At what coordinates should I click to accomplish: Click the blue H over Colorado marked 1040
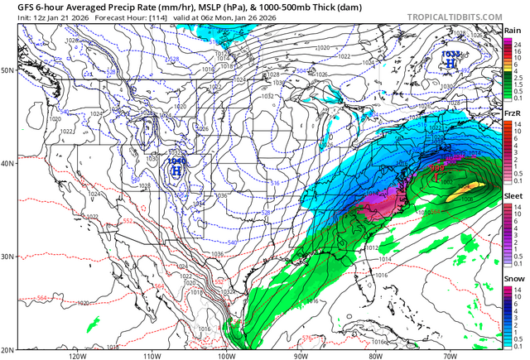pyautogui.click(x=176, y=170)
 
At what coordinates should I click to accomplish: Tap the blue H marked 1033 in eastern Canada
pyautogui.click(x=449, y=62)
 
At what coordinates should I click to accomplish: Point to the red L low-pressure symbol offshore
pyautogui.click(x=439, y=175)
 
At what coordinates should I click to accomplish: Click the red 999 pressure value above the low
pyautogui.click(x=438, y=166)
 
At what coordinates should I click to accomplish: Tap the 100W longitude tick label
pyautogui.click(x=226, y=355)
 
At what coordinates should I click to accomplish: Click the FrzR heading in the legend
pyautogui.click(x=512, y=112)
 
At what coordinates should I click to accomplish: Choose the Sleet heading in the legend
pyautogui.click(x=512, y=194)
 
